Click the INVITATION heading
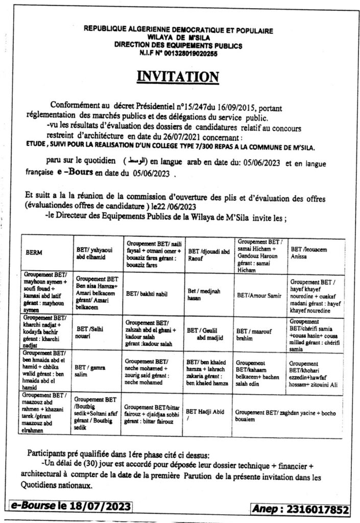[x=178, y=77]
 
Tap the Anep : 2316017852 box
[x=301, y=509]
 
